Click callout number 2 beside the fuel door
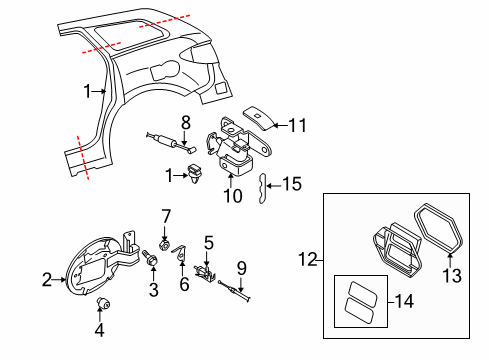click(x=46, y=281)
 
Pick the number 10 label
click(x=234, y=195)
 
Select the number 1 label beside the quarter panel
click(x=89, y=91)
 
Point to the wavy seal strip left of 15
click(x=263, y=186)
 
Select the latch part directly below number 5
click(x=207, y=270)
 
